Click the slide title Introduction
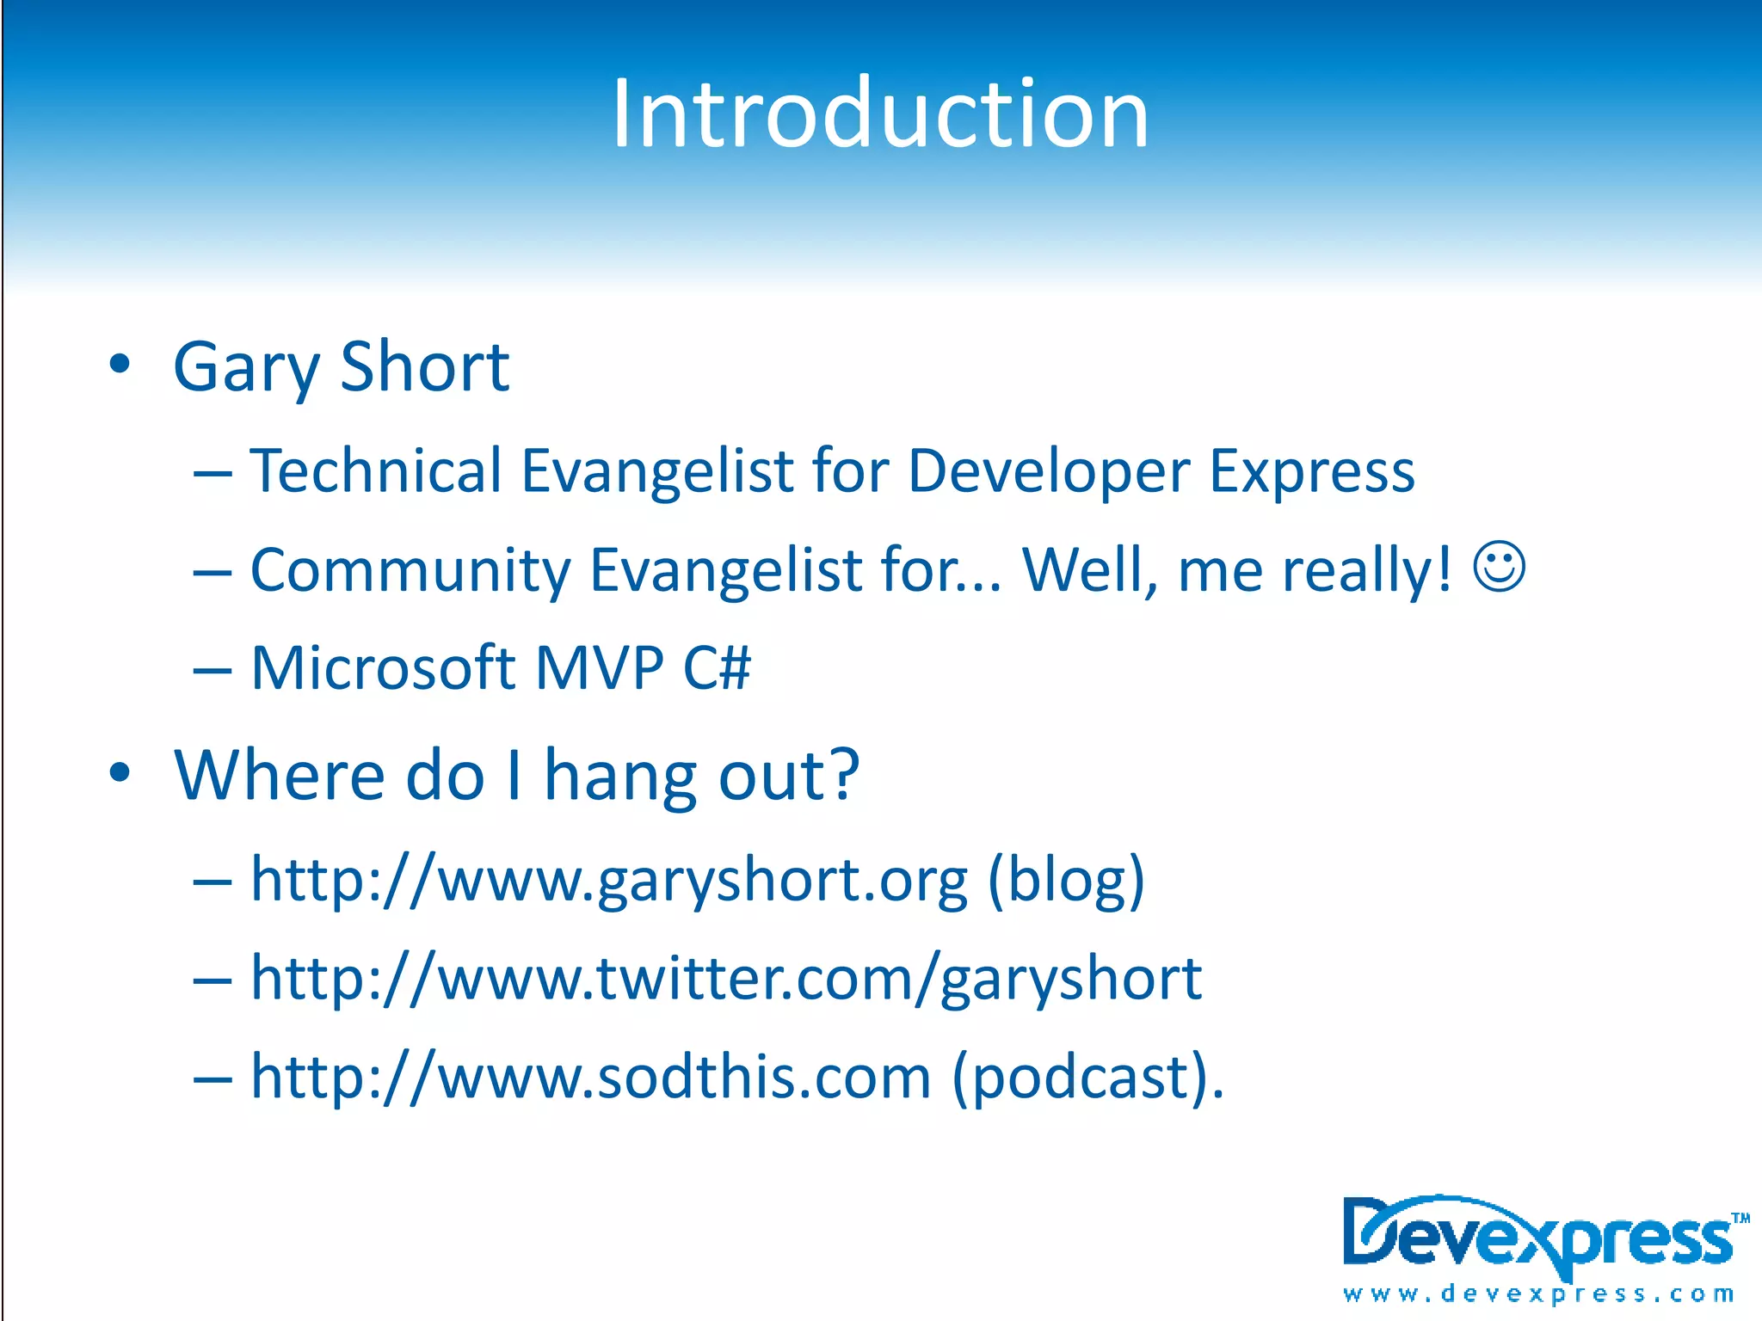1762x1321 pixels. click(880, 114)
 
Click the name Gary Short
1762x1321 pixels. click(341, 367)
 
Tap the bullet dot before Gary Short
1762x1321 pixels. click(120, 364)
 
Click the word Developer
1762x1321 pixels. click(1049, 472)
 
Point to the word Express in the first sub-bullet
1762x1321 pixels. click(1311, 472)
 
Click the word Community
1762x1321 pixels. click(410, 570)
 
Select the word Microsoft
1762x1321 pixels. click(382, 667)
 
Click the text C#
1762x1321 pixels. click(717, 667)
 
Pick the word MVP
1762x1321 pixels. click(600, 667)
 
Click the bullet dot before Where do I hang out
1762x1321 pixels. click(120, 772)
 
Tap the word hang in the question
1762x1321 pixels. click(621, 777)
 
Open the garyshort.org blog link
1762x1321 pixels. click(609, 881)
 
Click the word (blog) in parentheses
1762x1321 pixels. click(1066, 881)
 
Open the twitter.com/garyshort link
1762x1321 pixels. click(725, 979)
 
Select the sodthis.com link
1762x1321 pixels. click(591, 1077)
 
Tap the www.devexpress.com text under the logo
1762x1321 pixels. click(1538, 1293)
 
